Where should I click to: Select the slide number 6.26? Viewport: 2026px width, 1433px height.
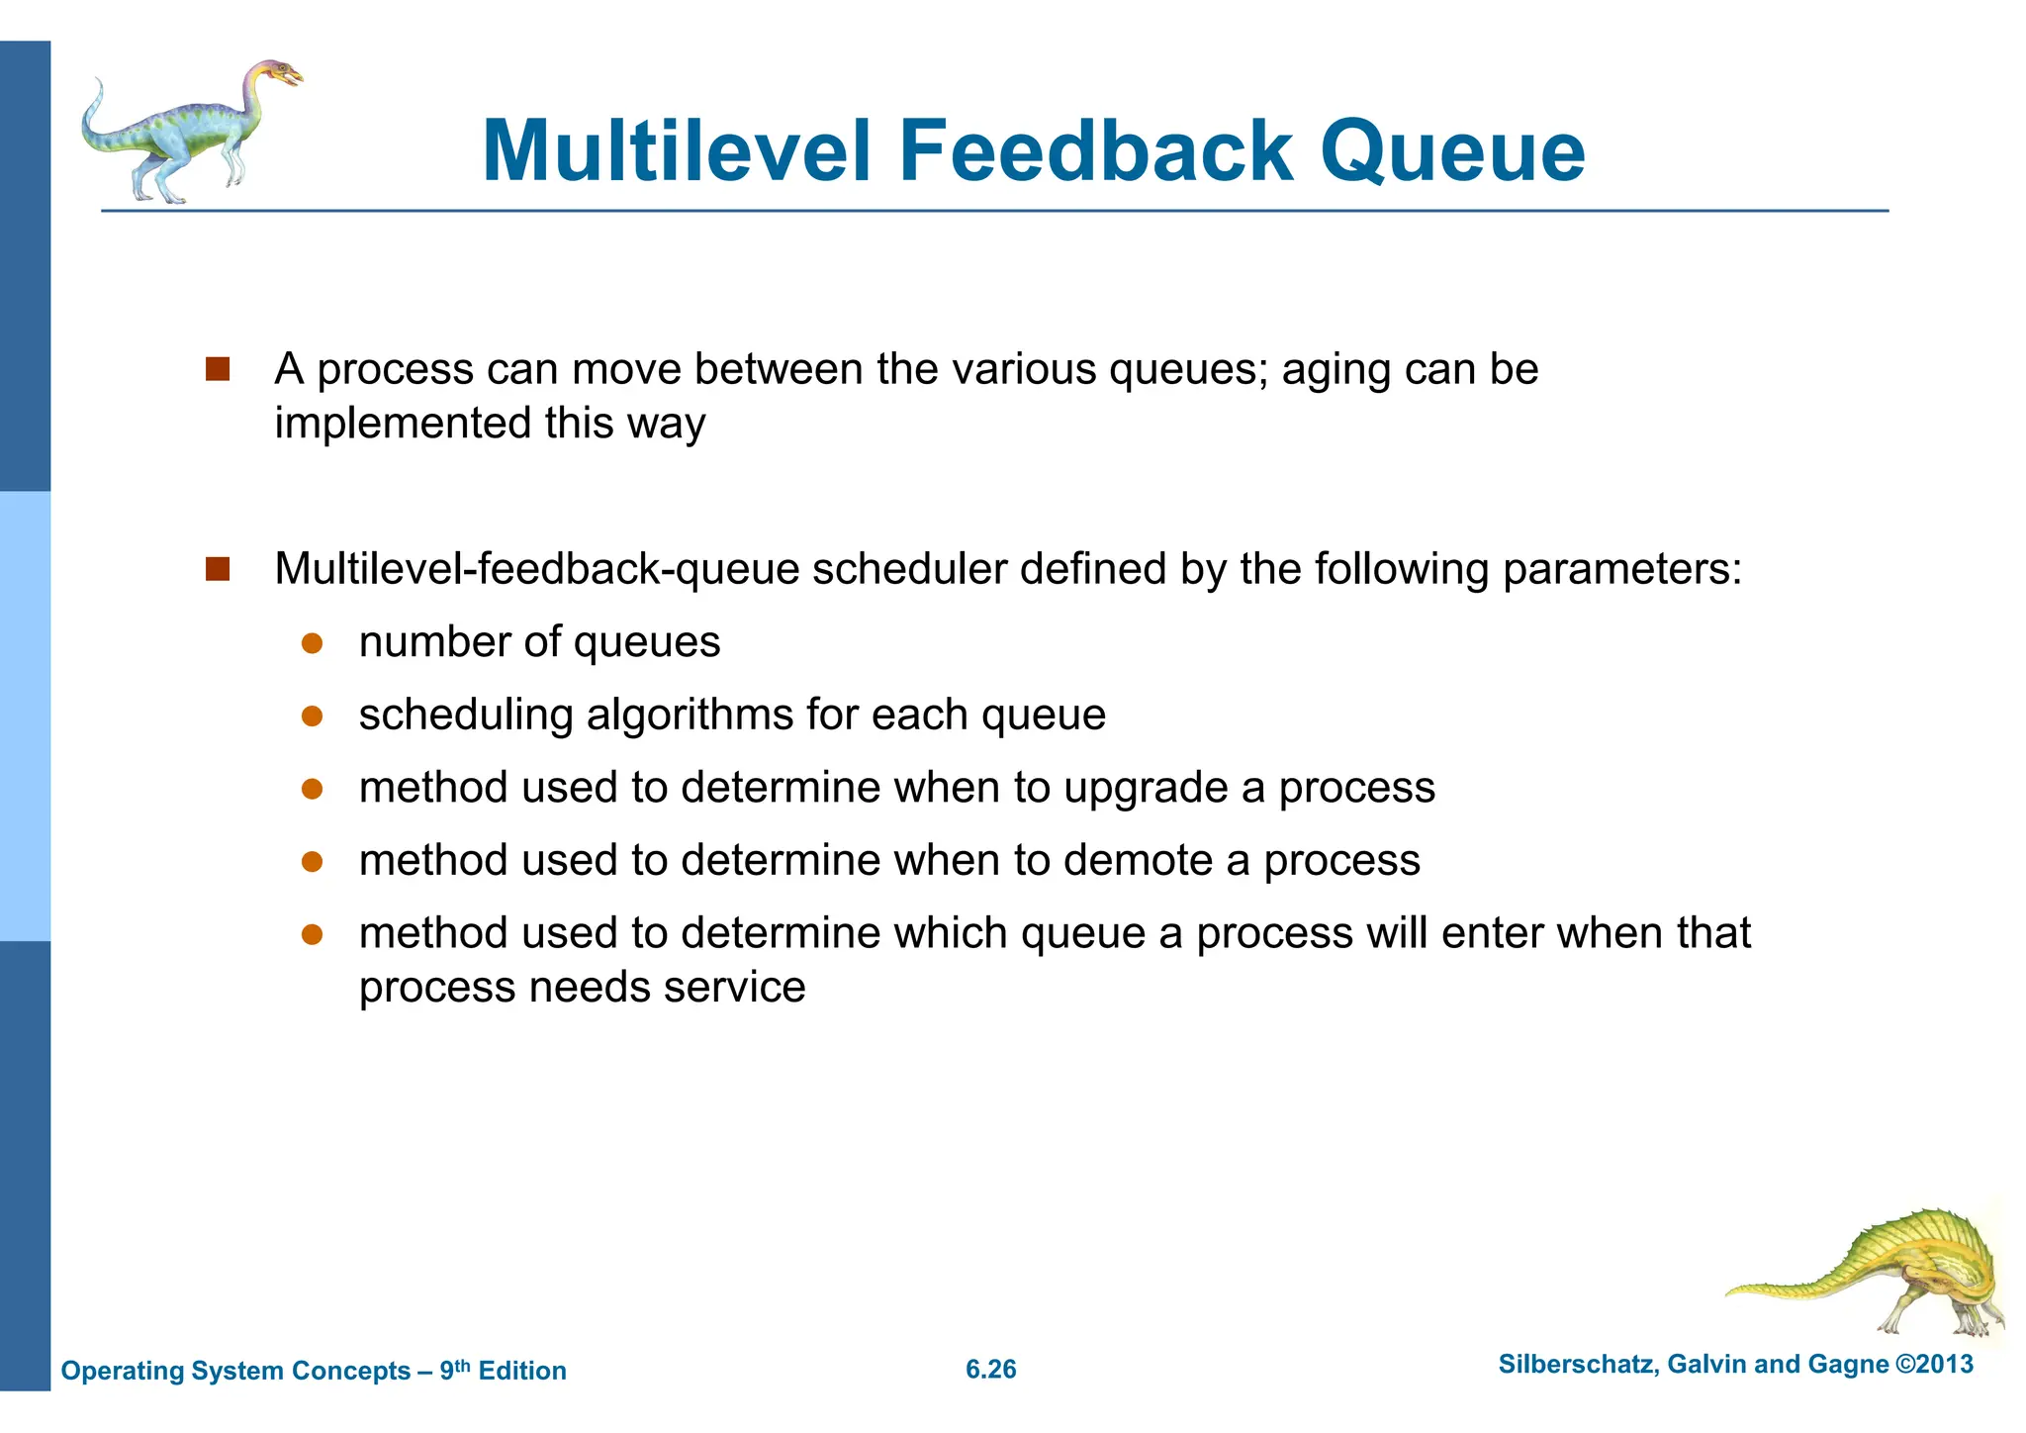point(990,1370)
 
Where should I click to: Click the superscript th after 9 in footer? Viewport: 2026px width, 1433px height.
point(462,1365)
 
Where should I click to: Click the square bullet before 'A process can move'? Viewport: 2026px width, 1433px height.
point(218,370)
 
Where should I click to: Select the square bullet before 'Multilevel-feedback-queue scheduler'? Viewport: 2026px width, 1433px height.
point(218,569)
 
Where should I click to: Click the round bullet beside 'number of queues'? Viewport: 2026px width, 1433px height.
point(313,643)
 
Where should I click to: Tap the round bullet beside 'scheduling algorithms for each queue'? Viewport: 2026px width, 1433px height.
point(313,716)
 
